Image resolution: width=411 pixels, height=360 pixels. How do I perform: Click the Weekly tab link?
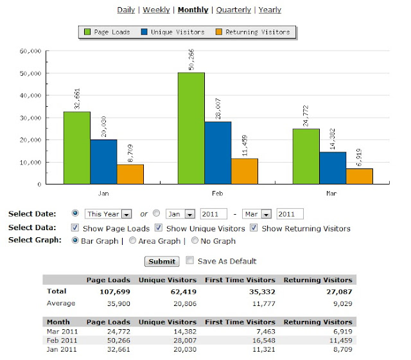pos(156,10)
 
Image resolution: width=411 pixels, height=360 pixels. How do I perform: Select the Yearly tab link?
pos(270,10)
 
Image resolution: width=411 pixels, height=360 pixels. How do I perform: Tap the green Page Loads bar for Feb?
pos(191,129)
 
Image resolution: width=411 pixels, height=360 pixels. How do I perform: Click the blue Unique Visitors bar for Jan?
pos(103,161)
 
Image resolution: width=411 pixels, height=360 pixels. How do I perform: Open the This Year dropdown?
pos(109,214)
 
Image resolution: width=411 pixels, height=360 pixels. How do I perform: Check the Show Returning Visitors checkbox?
pos(254,228)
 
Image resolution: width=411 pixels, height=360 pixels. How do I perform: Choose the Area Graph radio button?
pos(132,241)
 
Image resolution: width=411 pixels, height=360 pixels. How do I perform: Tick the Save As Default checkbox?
pos(189,261)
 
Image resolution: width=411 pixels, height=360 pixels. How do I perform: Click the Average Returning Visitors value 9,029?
pos(340,303)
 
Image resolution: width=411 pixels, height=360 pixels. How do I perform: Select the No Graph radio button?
pos(195,241)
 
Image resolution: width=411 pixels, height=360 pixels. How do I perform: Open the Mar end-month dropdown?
pos(258,214)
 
